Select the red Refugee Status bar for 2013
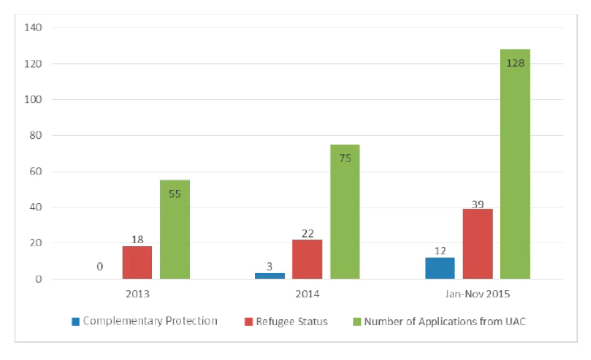137,262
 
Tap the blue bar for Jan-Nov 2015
440,268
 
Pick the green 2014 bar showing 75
345,212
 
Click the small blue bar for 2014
269,276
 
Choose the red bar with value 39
477,244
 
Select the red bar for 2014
307,259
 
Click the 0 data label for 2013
99,267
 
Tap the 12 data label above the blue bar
439,251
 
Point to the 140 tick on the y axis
32,27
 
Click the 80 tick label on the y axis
35,136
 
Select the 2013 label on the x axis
137,292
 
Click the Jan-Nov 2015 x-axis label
477,292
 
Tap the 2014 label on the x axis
307,292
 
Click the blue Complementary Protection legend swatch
76,322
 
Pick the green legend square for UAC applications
358,322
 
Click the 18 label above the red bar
137,239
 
